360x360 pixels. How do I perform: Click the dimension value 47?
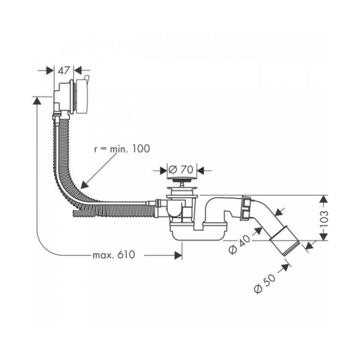pyautogui.click(x=63, y=71)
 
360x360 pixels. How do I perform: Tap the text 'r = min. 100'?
pyautogui.click(x=122, y=148)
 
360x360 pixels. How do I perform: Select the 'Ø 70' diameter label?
pyautogui.click(x=181, y=170)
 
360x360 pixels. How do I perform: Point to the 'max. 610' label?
pyautogui.click(x=114, y=255)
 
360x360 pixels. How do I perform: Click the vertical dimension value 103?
pyautogui.click(x=324, y=219)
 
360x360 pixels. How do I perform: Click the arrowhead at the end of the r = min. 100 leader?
pyautogui.click(x=84, y=185)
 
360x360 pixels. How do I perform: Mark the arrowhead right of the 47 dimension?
pyautogui.click(x=78, y=71)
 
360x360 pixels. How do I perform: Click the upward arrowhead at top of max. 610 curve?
pyautogui.click(x=37, y=100)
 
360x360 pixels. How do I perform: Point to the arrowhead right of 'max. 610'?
pyautogui.click(x=178, y=255)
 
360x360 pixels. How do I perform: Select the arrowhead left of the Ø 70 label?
pyautogui.click(x=163, y=171)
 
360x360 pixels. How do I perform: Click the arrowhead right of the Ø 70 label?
pyautogui.click(x=201, y=171)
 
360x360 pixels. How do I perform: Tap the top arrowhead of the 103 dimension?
pyautogui.click(x=324, y=199)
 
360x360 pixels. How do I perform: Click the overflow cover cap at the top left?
pyautogui.click(x=82, y=96)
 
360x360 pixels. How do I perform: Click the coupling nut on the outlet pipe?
pyautogui.click(x=246, y=208)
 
